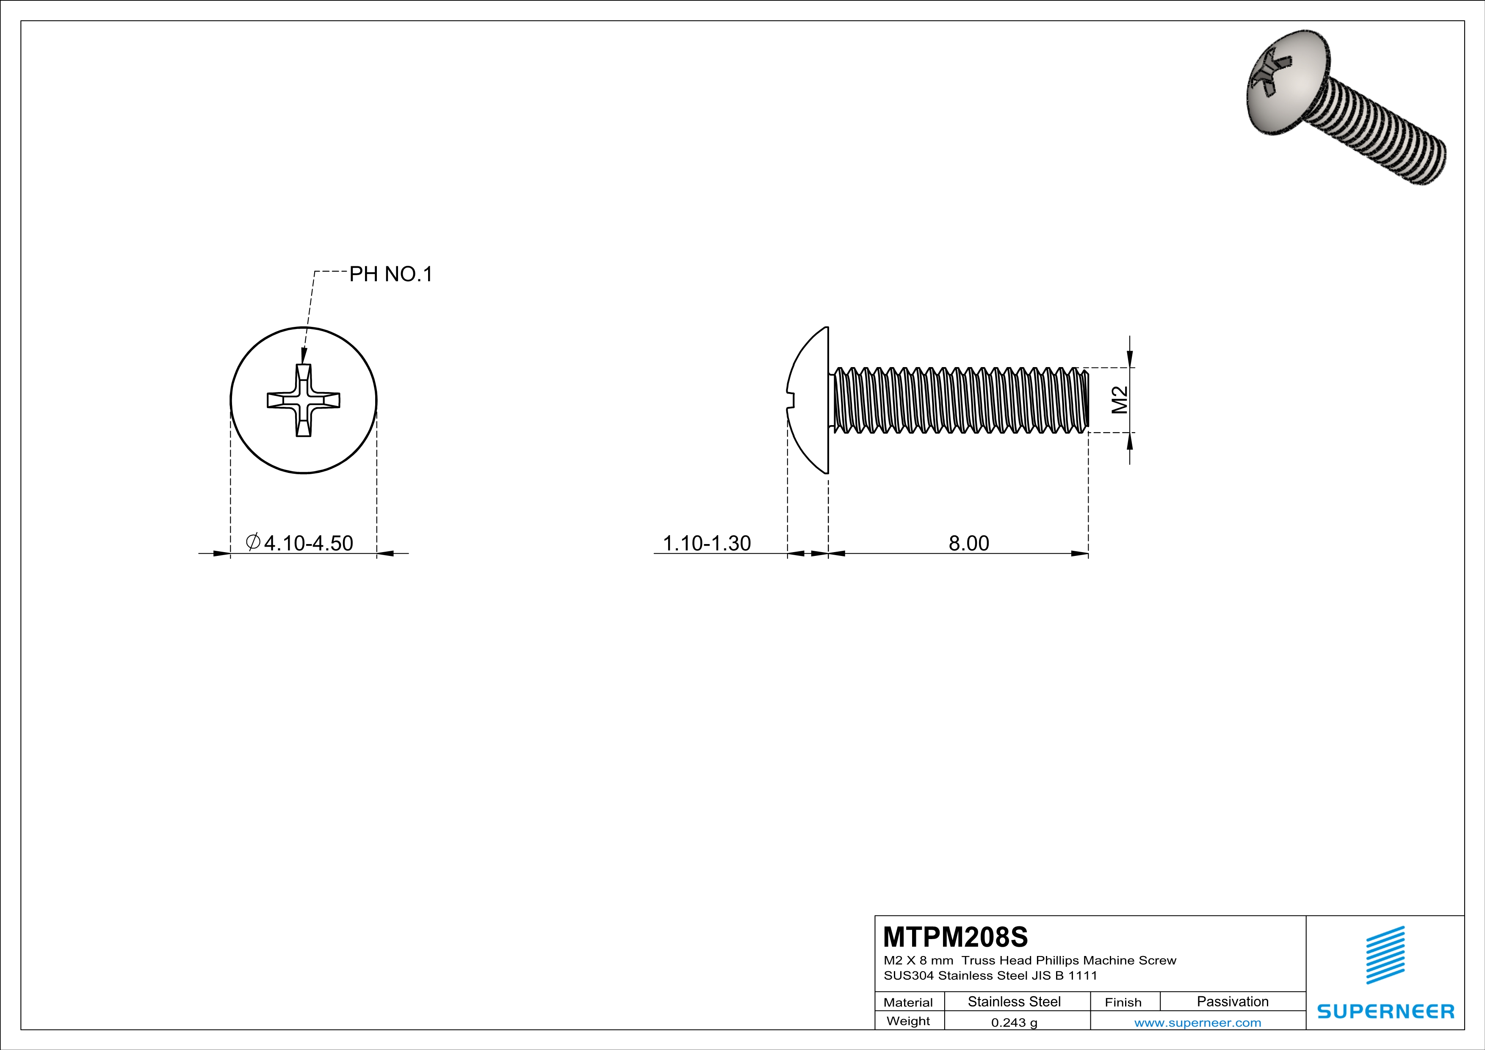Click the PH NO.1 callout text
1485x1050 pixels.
click(391, 274)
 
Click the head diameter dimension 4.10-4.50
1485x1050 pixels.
click(308, 543)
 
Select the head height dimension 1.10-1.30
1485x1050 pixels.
click(706, 543)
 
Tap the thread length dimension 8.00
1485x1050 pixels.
click(968, 543)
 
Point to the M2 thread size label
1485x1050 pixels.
click(1120, 400)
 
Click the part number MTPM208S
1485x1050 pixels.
click(954, 937)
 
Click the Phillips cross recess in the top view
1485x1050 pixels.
click(303, 400)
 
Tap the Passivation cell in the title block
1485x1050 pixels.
click(1232, 1001)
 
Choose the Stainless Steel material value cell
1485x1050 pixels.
click(1013, 1001)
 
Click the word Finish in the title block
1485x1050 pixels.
click(1123, 1002)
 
